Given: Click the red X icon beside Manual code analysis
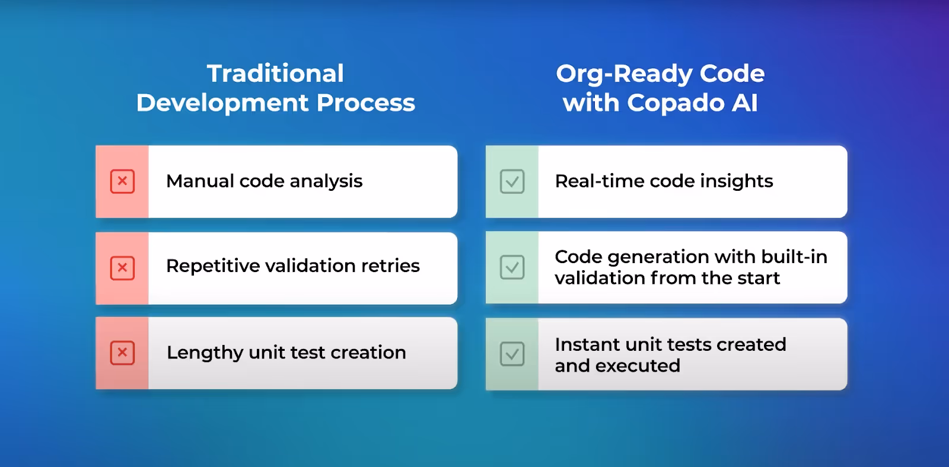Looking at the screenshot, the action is click(x=122, y=181).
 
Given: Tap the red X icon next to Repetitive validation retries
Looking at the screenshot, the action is click(x=122, y=268).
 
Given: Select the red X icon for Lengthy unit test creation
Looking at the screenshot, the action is click(x=122, y=353).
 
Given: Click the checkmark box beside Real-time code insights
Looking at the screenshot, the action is click(x=512, y=181).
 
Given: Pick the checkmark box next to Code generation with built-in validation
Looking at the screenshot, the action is click(x=512, y=267).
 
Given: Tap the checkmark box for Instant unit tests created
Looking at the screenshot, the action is click(x=512, y=354).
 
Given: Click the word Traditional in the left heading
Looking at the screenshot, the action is click(x=275, y=73).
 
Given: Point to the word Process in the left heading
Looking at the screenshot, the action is click(x=365, y=103).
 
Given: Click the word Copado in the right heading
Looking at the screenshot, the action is click(x=676, y=104).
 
